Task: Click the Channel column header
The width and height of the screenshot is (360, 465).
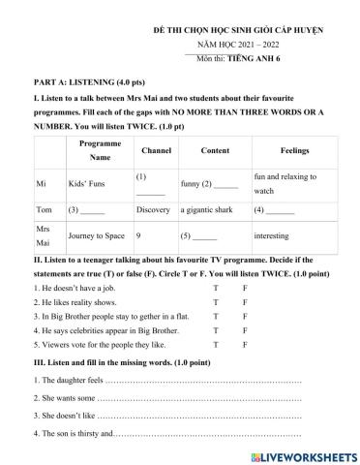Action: (x=156, y=152)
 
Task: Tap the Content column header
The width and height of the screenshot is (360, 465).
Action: (x=215, y=152)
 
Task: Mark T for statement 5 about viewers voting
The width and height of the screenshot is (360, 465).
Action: (x=217, y=343)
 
